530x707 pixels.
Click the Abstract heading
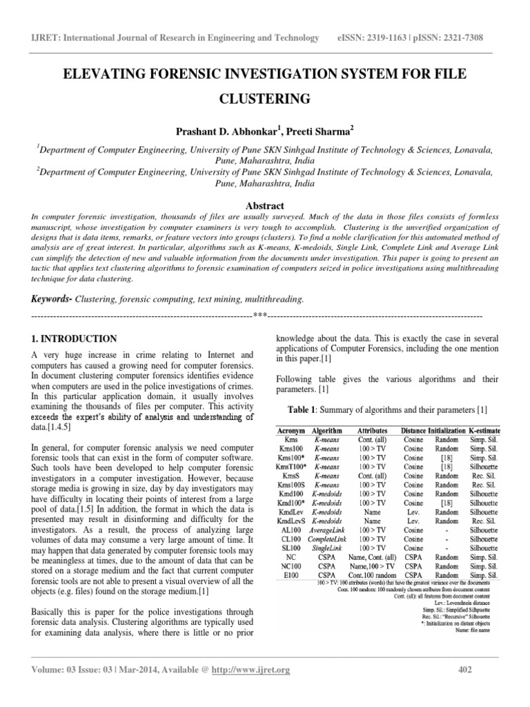(x=264, y=205)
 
